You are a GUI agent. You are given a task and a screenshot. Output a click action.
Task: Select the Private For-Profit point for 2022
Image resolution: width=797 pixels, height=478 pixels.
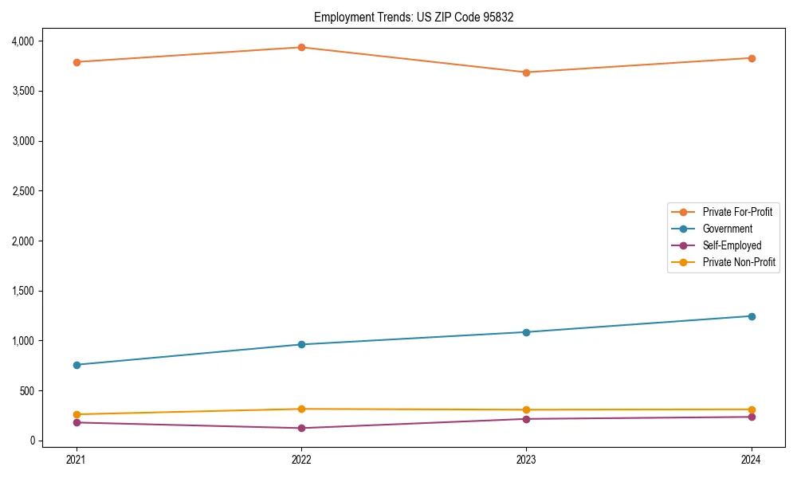[301, 47]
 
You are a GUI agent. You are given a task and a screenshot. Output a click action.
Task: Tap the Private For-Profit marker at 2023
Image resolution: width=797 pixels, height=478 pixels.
[526, 72]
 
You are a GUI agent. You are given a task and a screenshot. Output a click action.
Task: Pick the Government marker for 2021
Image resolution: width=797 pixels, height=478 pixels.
[77, 365]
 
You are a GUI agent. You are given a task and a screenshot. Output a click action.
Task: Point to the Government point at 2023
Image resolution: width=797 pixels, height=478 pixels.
[526, 332]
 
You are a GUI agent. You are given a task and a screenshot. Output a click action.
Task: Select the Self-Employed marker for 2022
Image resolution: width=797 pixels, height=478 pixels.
[301, 428]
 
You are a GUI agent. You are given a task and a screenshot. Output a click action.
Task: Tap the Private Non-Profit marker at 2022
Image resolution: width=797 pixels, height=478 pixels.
[301, 409]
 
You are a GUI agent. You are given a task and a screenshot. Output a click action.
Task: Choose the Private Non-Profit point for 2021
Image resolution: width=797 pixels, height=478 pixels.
[77, 414]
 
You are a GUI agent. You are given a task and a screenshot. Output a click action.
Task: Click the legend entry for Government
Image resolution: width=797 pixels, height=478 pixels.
[727, 229]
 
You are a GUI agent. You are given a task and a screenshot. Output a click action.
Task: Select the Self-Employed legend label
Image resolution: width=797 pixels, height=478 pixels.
[732, 245]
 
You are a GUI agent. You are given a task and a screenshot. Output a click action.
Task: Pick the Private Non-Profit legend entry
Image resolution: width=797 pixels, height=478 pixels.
[739, 262]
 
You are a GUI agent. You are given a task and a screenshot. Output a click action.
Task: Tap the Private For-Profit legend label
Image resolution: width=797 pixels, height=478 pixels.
[736, 212]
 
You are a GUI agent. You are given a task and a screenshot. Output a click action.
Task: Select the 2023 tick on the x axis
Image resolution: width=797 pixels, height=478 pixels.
[526, 460]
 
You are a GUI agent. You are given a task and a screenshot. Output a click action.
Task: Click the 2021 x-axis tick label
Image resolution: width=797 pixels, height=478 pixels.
[77, 460]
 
